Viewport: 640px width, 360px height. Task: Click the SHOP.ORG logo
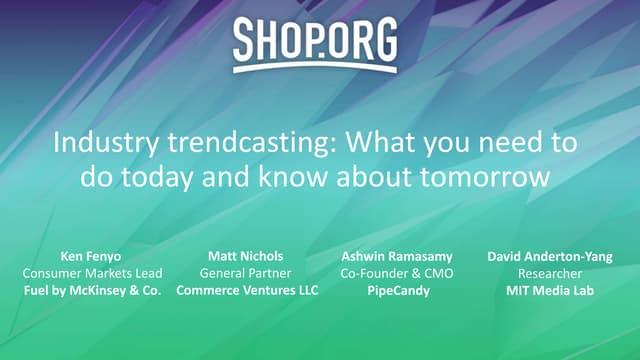315,44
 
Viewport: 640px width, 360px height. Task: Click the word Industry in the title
106,143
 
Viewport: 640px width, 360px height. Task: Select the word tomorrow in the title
484,177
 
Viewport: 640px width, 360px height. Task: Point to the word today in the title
157,178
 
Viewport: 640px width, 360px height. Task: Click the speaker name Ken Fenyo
91,256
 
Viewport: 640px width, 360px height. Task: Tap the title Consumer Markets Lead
92,273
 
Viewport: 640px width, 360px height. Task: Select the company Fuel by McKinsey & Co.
92,291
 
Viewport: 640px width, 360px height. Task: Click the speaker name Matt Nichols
246,256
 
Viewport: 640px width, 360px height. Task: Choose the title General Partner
246,273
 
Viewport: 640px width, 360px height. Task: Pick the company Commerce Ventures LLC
247,290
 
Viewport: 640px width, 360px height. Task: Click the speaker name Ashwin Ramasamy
397,256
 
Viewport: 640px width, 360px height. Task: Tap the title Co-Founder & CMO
397,273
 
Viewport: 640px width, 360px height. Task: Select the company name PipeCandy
398,291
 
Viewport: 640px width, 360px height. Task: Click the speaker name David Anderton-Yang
550,256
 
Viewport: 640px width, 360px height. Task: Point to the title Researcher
550,273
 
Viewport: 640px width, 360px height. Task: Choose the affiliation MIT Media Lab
550,291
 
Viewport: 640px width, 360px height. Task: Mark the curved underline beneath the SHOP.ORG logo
315,66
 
